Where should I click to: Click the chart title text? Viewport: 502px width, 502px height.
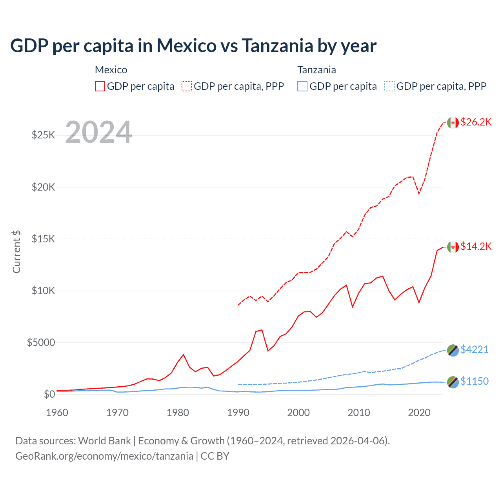pyautogui.click(x=193, y=45)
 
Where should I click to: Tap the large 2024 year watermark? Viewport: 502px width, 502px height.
pyautogui.click(x=99, y=132)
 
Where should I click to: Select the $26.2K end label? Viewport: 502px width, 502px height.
pyautogui.click(x=476, y=122)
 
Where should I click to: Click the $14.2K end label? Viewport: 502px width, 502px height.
pyautogui.click(x=476, y=246)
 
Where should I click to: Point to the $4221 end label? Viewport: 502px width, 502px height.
pyautogui.click(x=474, y=349)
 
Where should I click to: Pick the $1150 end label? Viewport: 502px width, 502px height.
pyautogui.click(x=474, y=381)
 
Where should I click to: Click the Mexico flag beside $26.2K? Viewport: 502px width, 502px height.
pyautogui.click(x=453, y=123)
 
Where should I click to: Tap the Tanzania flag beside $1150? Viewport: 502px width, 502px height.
pyautogui.click(x=453, y=382)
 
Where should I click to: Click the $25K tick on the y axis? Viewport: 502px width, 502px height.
pyautogui.click(x=43, y=135)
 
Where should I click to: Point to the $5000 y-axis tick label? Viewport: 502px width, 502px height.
pyautogui.click(x=41, y=342)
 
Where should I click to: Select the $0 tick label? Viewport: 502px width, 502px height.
pyautogui.click(x=49, y=394)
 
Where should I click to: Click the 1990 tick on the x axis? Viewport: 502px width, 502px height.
pyautogui.click(x=238, y=413)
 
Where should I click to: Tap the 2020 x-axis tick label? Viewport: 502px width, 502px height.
pyautogui.click(x=419, y=413)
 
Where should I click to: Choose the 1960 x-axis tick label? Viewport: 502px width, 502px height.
pyautogui.click(x=57, y=413)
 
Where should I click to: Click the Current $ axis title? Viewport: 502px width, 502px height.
pyautogui.click(x=16, y=252)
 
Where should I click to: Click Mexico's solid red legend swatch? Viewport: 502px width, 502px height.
pyautogui.click(x=100, y=86)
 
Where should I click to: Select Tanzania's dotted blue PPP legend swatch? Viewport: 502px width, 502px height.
pyautogui.click(x=389, y=86)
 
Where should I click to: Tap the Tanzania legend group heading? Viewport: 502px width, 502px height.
pyautogui.click(x=316, y=70)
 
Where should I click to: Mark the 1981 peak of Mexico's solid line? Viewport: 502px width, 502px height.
pyautogui.click(x=183, y=355)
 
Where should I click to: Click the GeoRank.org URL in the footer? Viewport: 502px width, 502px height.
pyautogui.click(x=104, y=456)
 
